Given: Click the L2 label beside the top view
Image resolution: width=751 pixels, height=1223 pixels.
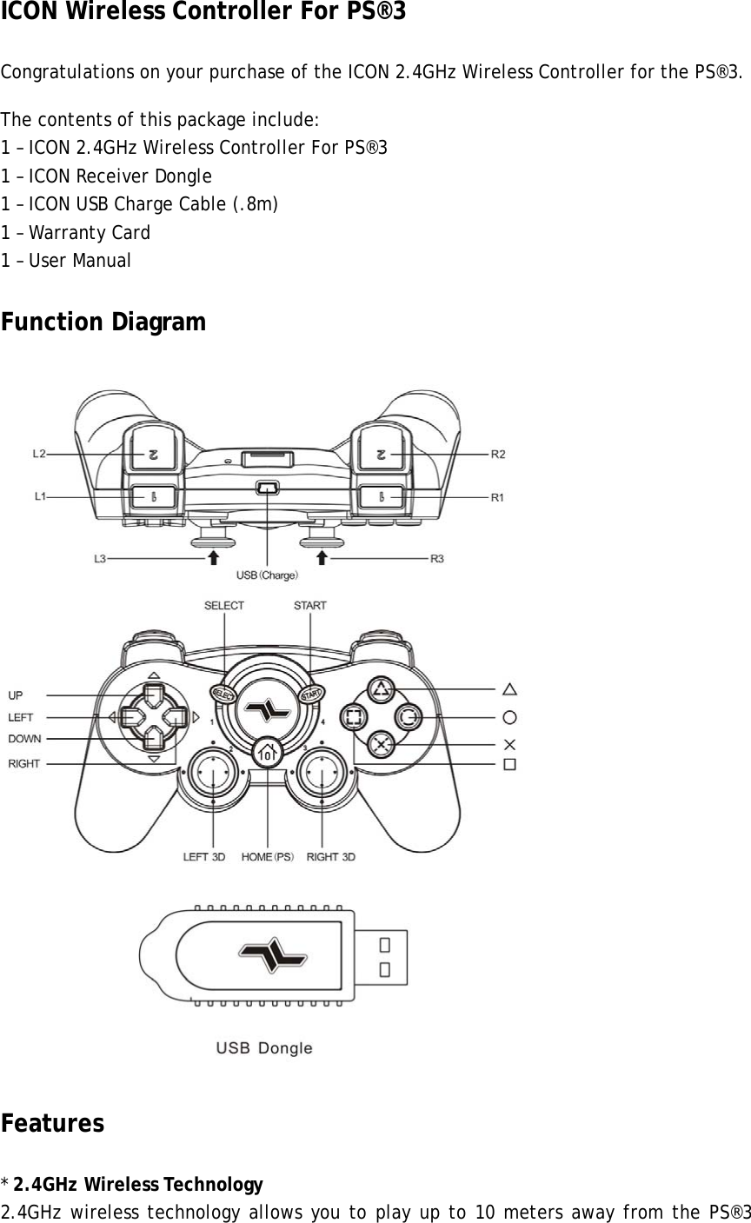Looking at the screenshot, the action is click(x=39, y=453).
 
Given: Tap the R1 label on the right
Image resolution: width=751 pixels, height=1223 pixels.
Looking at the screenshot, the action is click(x=498, y=497).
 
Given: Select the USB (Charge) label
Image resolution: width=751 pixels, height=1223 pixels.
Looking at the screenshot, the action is click(x=268, y=575).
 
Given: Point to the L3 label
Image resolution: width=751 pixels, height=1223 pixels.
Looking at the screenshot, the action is click(x=101, y=559).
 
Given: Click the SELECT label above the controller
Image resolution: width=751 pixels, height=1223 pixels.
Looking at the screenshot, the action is click(x=224, y=605).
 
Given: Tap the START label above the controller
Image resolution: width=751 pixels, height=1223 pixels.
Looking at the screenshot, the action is click(x=309, y=605).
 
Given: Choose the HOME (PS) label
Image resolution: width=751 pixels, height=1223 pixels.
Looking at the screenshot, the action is click(x=268, y=857).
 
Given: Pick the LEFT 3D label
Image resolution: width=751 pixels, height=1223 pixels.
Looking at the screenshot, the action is click(x=203, y=857).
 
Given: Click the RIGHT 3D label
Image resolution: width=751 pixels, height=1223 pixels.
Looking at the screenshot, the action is click(x=330, y=857).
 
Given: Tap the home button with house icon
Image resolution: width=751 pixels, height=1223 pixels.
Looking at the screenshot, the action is click(x=268, y=752).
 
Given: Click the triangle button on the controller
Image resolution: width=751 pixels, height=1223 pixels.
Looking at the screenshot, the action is click(x=380, y=690).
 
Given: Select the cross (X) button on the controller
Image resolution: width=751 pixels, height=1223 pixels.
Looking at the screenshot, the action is click(x=380, y=744).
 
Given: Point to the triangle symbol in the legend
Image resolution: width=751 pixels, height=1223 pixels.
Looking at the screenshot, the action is click(x=509, y=689).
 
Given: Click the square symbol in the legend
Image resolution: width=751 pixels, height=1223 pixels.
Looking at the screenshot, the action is click(x=509, y=764).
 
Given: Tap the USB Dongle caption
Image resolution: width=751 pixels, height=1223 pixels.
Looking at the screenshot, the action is click(x=263, y=1048).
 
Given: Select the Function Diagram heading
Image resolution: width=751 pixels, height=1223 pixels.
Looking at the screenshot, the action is click(x=103, y=322).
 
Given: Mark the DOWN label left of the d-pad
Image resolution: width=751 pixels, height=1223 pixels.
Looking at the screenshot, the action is click(x=24, y=738).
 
